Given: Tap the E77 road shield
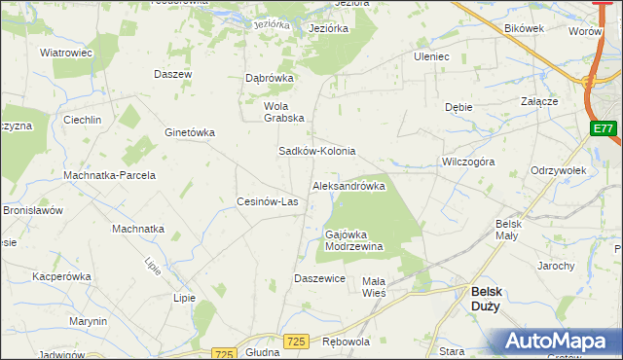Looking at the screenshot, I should pyautogui.click(x=603, y=128).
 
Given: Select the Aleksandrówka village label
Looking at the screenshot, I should pyautogui.click(x=348, y=185).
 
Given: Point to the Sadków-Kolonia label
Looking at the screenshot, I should pyautogui.click(x=317, y=152).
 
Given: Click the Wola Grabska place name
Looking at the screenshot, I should pyautogui.click(x=284, y=112).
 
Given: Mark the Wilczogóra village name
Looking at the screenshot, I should pyautogui.click(x=468, y=162).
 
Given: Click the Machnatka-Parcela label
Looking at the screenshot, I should pyautogui.click(x=109, y=175).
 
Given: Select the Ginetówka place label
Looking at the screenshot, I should pyautogui.click(x=190, y=132).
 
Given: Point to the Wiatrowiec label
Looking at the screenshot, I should pyautogui.click(x=65, y=53).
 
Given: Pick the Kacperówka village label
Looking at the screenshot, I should pyautogui.click(x=61, y=276).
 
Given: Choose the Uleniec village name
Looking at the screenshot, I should pyautogui.click(x=431, y=56).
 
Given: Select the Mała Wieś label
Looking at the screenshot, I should pyautogui.click(x=375, y=286).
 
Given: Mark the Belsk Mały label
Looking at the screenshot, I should pyautogui.click(x=508, y=230).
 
